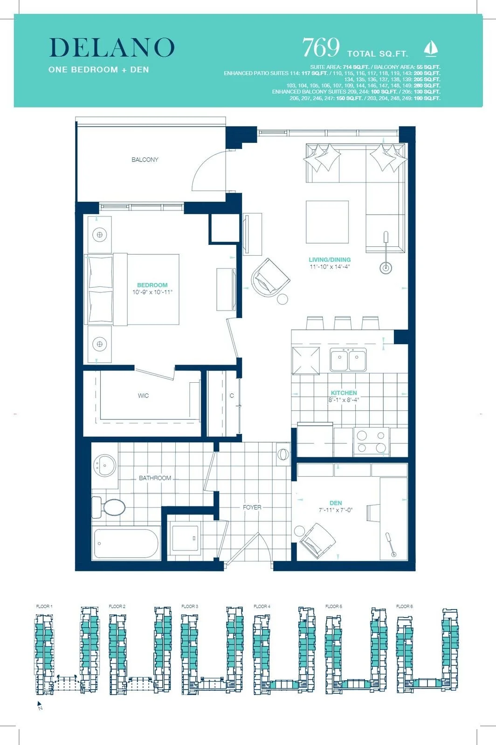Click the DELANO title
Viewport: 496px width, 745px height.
click(112, 47)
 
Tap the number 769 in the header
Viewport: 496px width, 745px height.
click(321, 47)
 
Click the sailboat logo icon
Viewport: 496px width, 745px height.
click(431, 48)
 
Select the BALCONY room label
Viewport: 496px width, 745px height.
click(145, 160)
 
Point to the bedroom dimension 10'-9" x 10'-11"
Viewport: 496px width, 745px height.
click(152, 292)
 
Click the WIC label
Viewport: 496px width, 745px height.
click(143, 396)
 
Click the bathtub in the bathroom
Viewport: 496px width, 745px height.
click(127, 543)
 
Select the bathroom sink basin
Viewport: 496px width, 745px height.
click(105, 466)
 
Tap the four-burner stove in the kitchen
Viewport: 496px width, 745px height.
click(371, 442)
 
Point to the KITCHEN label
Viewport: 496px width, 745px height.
click(344, 393)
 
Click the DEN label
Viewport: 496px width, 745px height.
click(336, 503)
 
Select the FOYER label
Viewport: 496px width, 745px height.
click(252, 507)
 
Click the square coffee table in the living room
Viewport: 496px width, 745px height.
click(327, 222)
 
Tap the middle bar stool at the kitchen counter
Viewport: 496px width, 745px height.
click(343, 323)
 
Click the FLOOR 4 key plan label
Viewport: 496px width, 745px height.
click(262, 606)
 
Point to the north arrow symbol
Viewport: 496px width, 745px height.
click(40, 705)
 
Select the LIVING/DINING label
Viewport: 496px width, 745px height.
click(330, 260)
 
